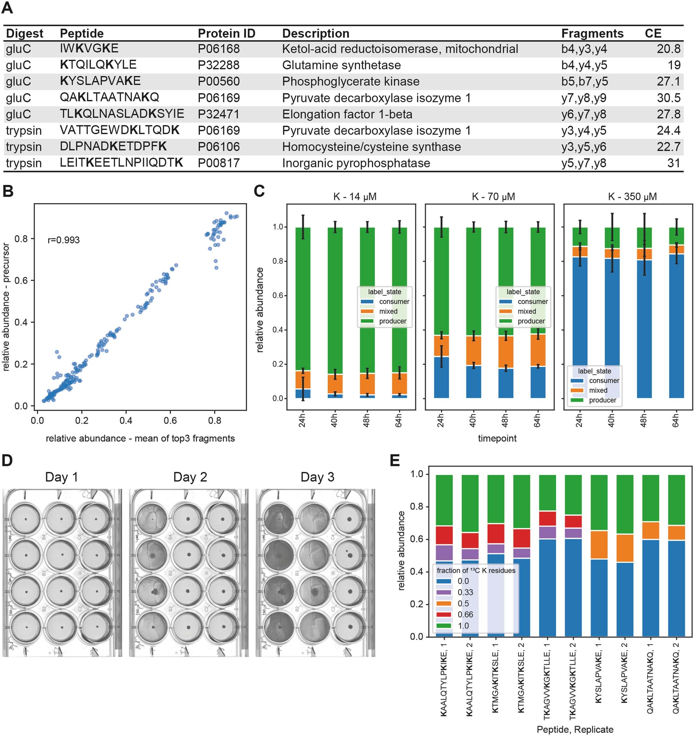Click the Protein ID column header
click(226, 33)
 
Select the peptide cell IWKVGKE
click(89, 48)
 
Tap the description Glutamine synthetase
click(341, 65)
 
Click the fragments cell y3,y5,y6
click(583, 147)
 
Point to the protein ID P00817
click(219, 163)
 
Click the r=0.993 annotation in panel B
click(63, 240)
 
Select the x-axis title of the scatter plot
click(140, 438)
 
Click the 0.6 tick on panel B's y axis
click(21, 280)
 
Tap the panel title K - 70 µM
click(493, 196)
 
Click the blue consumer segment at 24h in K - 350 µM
click(580, 326)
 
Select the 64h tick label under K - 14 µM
click(398, 421)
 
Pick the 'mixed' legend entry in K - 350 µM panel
click(598, 390)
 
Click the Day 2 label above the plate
click(190, 477)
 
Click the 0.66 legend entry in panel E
click(465, 615)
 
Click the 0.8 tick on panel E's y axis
click(417, 507)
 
